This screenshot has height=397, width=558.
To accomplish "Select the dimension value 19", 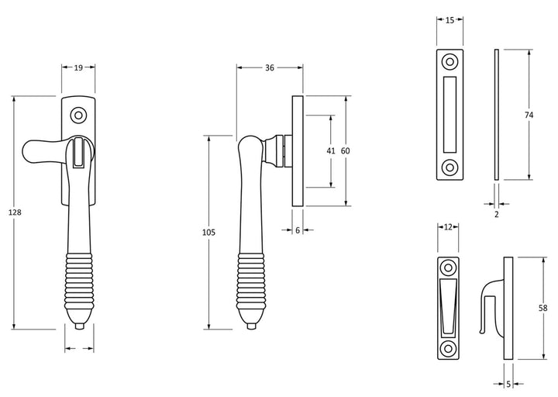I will point(78,68).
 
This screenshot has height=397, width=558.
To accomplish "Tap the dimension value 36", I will point(269,68).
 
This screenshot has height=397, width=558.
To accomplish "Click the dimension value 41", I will point(331,151).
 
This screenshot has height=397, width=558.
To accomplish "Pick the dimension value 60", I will point(346,151).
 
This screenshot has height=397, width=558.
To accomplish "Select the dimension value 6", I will point(298,230).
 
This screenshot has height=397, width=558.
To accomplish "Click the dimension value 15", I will point(449,22).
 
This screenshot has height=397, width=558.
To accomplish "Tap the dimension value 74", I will point(529,116).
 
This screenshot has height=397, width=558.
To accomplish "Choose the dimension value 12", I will point(448,227).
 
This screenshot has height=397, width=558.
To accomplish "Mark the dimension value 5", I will point(508,383).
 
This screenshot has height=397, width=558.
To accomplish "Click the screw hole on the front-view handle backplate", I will point(77,115).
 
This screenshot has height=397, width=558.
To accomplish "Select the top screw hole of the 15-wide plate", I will point(449,62).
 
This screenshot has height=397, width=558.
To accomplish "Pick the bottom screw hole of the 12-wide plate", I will point(448,347).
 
